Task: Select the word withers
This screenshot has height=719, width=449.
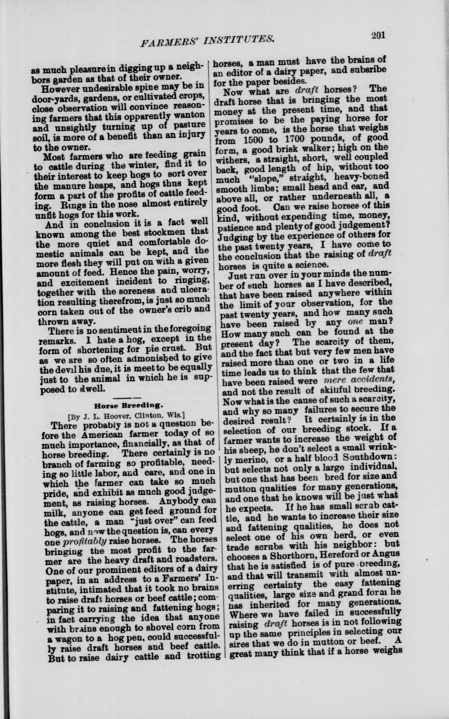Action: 233,160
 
